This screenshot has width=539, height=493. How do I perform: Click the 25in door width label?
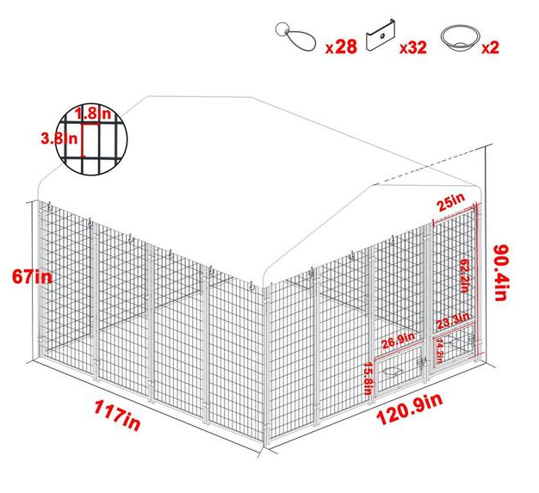[x=450, y=203]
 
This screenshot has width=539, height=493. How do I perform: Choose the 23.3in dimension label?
[x=453, y=323]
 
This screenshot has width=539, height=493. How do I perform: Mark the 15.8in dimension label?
[x=368, y=379]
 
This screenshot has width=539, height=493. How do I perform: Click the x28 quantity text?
[x=341, y=46]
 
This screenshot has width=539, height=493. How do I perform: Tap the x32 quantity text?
[x=413, y=46]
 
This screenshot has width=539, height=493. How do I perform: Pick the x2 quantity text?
[x=491, y=46]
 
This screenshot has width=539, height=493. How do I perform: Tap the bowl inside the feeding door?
[x=393, y=372]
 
